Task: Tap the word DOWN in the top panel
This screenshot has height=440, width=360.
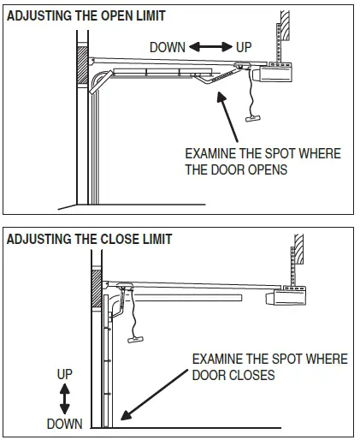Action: point(167,48)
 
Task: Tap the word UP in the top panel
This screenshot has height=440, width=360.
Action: point(244,48)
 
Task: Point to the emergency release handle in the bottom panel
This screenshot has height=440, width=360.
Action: point(136,340)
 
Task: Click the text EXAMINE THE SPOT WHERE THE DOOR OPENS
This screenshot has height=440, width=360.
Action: point(263,161)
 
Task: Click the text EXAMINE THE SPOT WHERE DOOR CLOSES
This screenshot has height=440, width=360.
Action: point(269,367)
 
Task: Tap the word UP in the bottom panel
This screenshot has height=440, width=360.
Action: point(64,375)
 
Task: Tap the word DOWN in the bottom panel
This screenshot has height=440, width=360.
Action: point(64,424)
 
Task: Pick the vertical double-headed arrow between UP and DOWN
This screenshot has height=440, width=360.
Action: point(64,399)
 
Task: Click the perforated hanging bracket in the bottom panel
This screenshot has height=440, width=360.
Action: point(292,261)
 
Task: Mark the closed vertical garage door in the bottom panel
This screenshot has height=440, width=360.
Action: point(109,368)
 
